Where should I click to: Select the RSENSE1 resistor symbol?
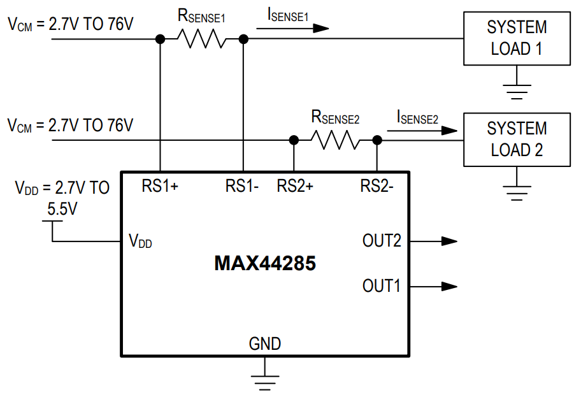point(201,40)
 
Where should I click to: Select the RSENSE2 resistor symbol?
point(335,140)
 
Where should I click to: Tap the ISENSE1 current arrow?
point(293,28)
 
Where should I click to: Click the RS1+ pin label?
point(160,186)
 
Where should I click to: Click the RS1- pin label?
point(241,186)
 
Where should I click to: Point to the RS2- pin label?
point(377,186)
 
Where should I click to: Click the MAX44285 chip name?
point(265,263)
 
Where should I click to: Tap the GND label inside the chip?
point(265,344)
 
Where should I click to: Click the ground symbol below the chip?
point(265,379)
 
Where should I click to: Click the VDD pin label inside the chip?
point(140,242)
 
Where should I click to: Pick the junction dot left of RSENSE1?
point(160,40)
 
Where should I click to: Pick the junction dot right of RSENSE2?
point(377,140)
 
